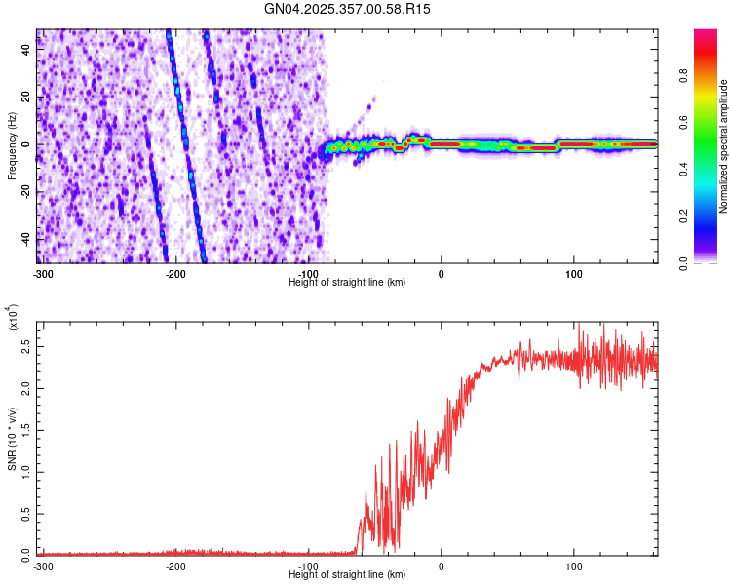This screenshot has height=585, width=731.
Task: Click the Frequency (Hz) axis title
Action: (12, 145)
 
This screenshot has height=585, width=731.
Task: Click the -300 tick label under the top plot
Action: (42, 273)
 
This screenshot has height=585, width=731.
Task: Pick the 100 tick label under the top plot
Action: (574, 273)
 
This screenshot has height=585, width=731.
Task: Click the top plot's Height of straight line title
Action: (347, 282)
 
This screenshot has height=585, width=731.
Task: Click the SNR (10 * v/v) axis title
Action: (12, 438)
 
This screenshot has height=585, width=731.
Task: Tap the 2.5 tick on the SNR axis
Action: (25, 346)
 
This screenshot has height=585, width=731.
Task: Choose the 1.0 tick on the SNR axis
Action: (25, 471)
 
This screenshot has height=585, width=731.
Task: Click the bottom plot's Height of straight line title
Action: (347, 574)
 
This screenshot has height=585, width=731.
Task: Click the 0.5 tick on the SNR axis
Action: (25, 513)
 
